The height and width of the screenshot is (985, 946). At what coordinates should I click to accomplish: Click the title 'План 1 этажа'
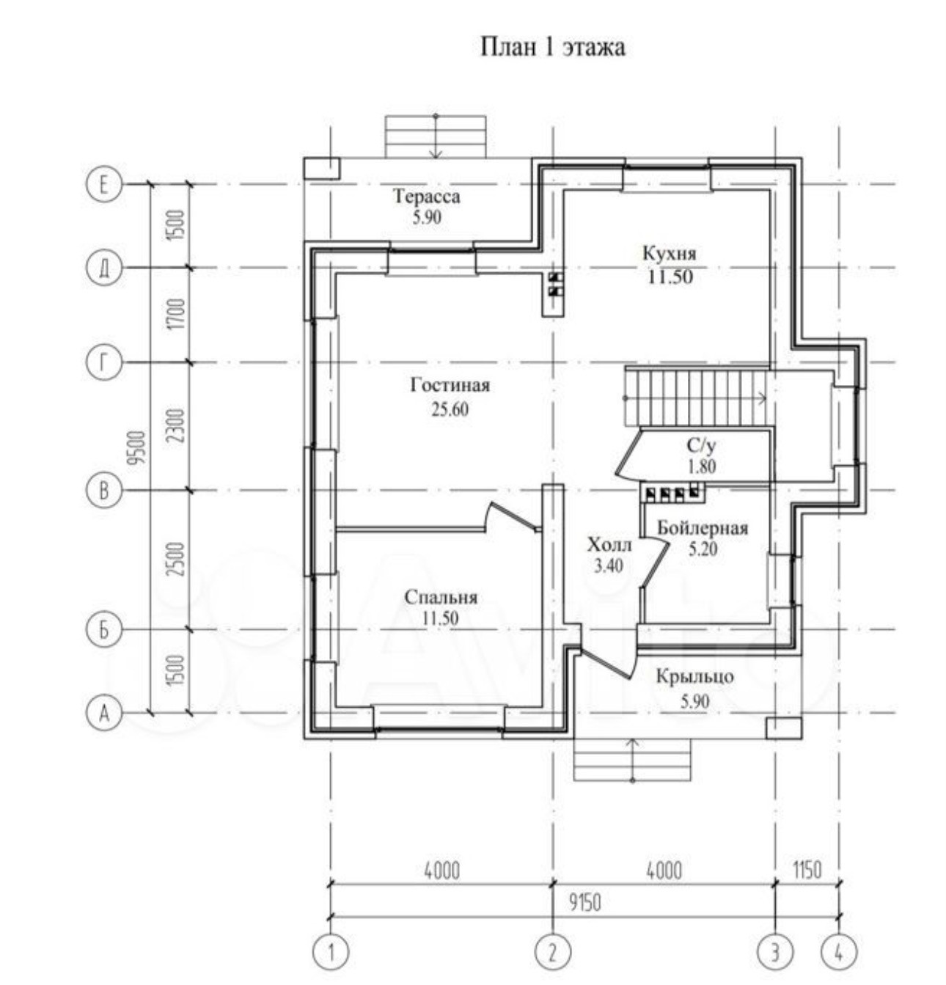(x=552, y=48)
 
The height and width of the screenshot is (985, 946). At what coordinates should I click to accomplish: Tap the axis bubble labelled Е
(x=103, y=184)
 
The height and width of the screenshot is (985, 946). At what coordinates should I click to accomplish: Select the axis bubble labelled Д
(x=103, y=268)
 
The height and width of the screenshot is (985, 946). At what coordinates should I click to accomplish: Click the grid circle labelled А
(x=103, y=712)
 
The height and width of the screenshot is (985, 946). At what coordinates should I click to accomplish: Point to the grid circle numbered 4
(x=838, y=953)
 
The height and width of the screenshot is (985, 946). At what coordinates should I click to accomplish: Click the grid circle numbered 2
(x=552, y=953)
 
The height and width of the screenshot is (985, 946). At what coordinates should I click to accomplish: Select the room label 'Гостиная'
(x=450, y=385)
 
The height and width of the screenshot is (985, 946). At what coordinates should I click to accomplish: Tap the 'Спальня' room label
(x=441, y=598)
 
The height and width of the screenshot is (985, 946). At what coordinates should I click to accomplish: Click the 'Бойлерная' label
(x=702, y=529)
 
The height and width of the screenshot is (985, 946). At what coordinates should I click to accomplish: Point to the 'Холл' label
(x=609, y=545)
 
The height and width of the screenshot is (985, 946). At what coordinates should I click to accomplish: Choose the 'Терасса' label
(x=426, y=197)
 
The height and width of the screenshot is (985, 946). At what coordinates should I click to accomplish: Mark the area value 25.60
(x=450, y=409)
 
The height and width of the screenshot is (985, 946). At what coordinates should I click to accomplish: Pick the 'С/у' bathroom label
(x=700, y=446)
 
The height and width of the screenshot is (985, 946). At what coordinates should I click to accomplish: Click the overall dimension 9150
(x=584, y=903)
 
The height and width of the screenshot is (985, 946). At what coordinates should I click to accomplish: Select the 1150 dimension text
(x=807, y=871)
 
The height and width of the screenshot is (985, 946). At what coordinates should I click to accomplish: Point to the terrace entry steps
(x=436, y=136)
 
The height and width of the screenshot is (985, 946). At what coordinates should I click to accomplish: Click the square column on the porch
(x=783, y=728)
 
